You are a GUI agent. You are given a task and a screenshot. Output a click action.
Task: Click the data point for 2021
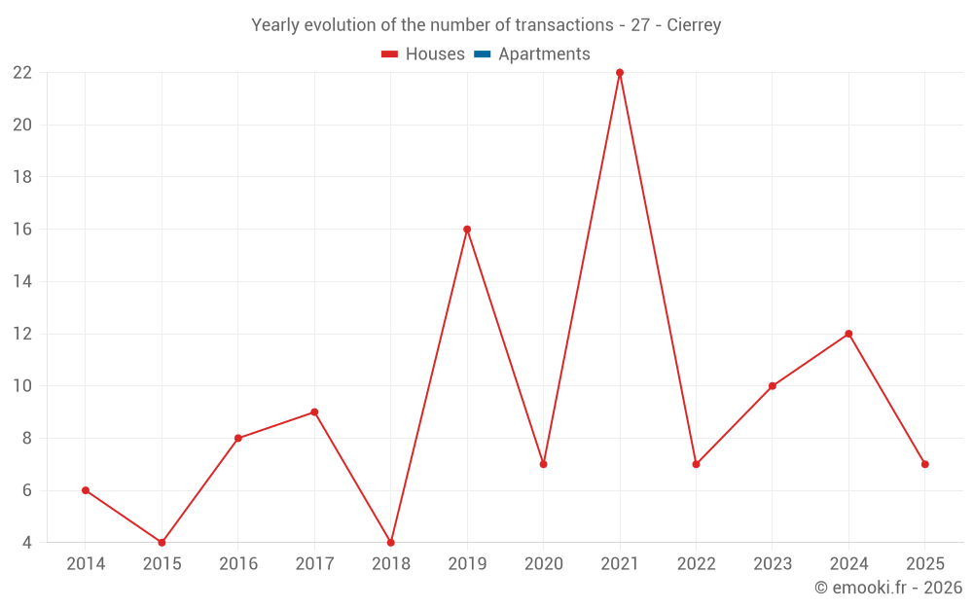pos(620,73)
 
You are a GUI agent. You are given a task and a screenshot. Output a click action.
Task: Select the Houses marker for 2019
pos(467,230)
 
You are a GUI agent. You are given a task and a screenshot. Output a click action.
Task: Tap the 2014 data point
pos(86,490)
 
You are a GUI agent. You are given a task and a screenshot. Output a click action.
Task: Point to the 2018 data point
pos(391,543)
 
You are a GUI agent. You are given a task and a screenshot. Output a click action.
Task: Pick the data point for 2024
pos(848,334)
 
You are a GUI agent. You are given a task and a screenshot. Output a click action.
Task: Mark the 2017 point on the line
pos(314,412)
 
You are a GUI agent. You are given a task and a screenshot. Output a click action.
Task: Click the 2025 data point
pos(924,464)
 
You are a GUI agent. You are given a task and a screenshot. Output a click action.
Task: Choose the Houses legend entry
pos(423,54)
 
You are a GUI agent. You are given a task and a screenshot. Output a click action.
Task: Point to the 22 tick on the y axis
pos(22,73)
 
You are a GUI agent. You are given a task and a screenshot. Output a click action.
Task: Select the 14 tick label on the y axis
pos(22,282)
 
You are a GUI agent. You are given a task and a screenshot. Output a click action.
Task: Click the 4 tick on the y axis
pos(27,543)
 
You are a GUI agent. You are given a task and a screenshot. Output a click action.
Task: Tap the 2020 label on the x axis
pos(544,564)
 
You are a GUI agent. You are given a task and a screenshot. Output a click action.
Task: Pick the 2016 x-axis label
pos(238,564)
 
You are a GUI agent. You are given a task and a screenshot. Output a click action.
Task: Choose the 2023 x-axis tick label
pos(773,564)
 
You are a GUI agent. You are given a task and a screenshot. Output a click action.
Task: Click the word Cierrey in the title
pos(694,25)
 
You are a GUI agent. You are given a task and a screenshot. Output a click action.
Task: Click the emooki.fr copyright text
pos(888,588)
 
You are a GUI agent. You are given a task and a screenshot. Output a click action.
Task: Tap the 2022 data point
pos(696,464)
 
